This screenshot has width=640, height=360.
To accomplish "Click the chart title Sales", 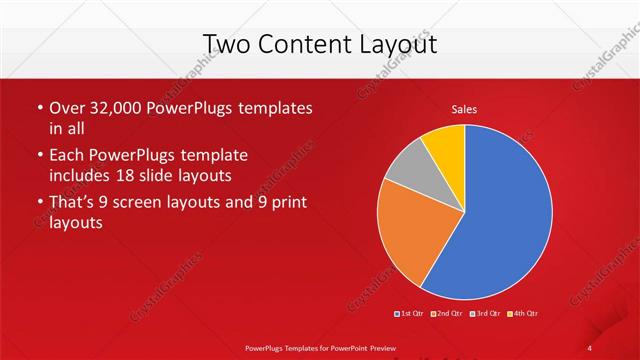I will tap(464, 108).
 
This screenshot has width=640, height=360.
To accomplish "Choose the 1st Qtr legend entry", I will tap(410, 315).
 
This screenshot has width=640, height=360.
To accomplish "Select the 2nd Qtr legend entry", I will tap(447, 315).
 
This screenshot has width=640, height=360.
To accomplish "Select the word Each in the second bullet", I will tap(67, 156).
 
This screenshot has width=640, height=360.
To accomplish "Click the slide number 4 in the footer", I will tap(590, 346).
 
